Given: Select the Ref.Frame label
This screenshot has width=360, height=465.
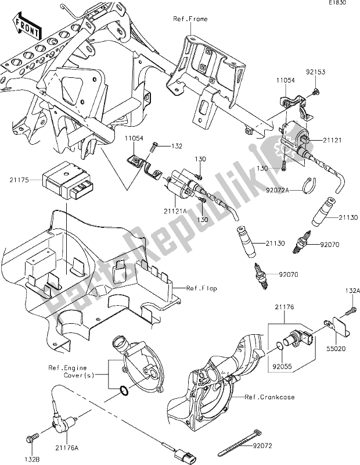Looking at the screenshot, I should pos(190,19).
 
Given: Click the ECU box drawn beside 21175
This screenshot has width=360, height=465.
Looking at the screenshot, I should pos(64,178).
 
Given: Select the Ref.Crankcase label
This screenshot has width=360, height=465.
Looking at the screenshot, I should pos(271,398).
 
